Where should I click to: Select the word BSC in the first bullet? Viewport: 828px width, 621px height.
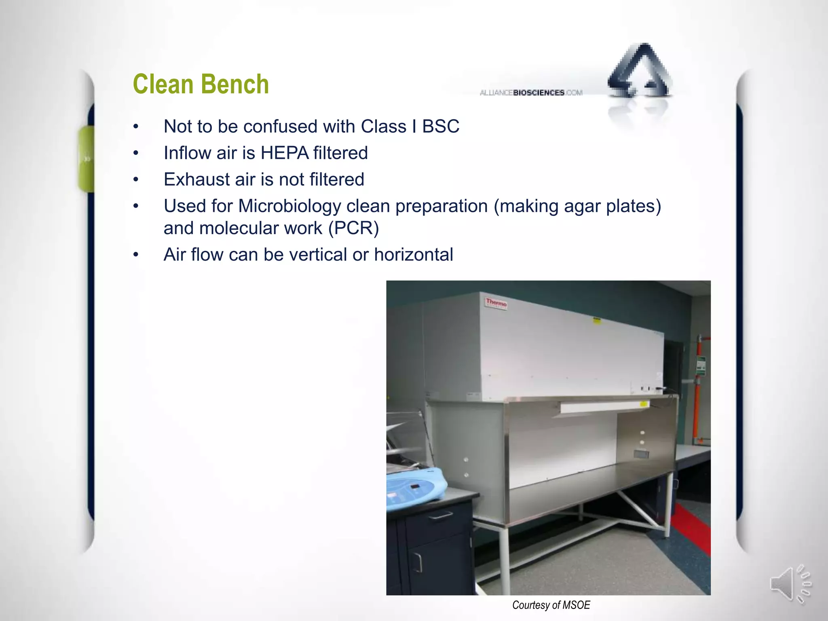tap(440, 127)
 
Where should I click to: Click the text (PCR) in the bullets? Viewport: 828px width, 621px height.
tap(353, 228)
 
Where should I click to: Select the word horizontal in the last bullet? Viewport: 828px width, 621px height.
tap(413, 255)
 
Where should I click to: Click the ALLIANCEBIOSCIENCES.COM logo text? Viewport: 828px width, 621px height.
tap(531, 93)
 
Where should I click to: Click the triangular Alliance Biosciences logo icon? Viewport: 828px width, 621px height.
tap(640, 73)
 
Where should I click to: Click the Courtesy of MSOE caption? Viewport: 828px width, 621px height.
tap(551, 605)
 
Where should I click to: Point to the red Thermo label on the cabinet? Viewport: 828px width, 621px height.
tap(496, 303)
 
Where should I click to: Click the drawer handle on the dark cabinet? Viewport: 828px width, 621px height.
tap(440, 515)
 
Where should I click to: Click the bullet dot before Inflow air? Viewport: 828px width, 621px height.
tap(136, 153)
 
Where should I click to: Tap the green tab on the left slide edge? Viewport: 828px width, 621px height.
tap(86, 158)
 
